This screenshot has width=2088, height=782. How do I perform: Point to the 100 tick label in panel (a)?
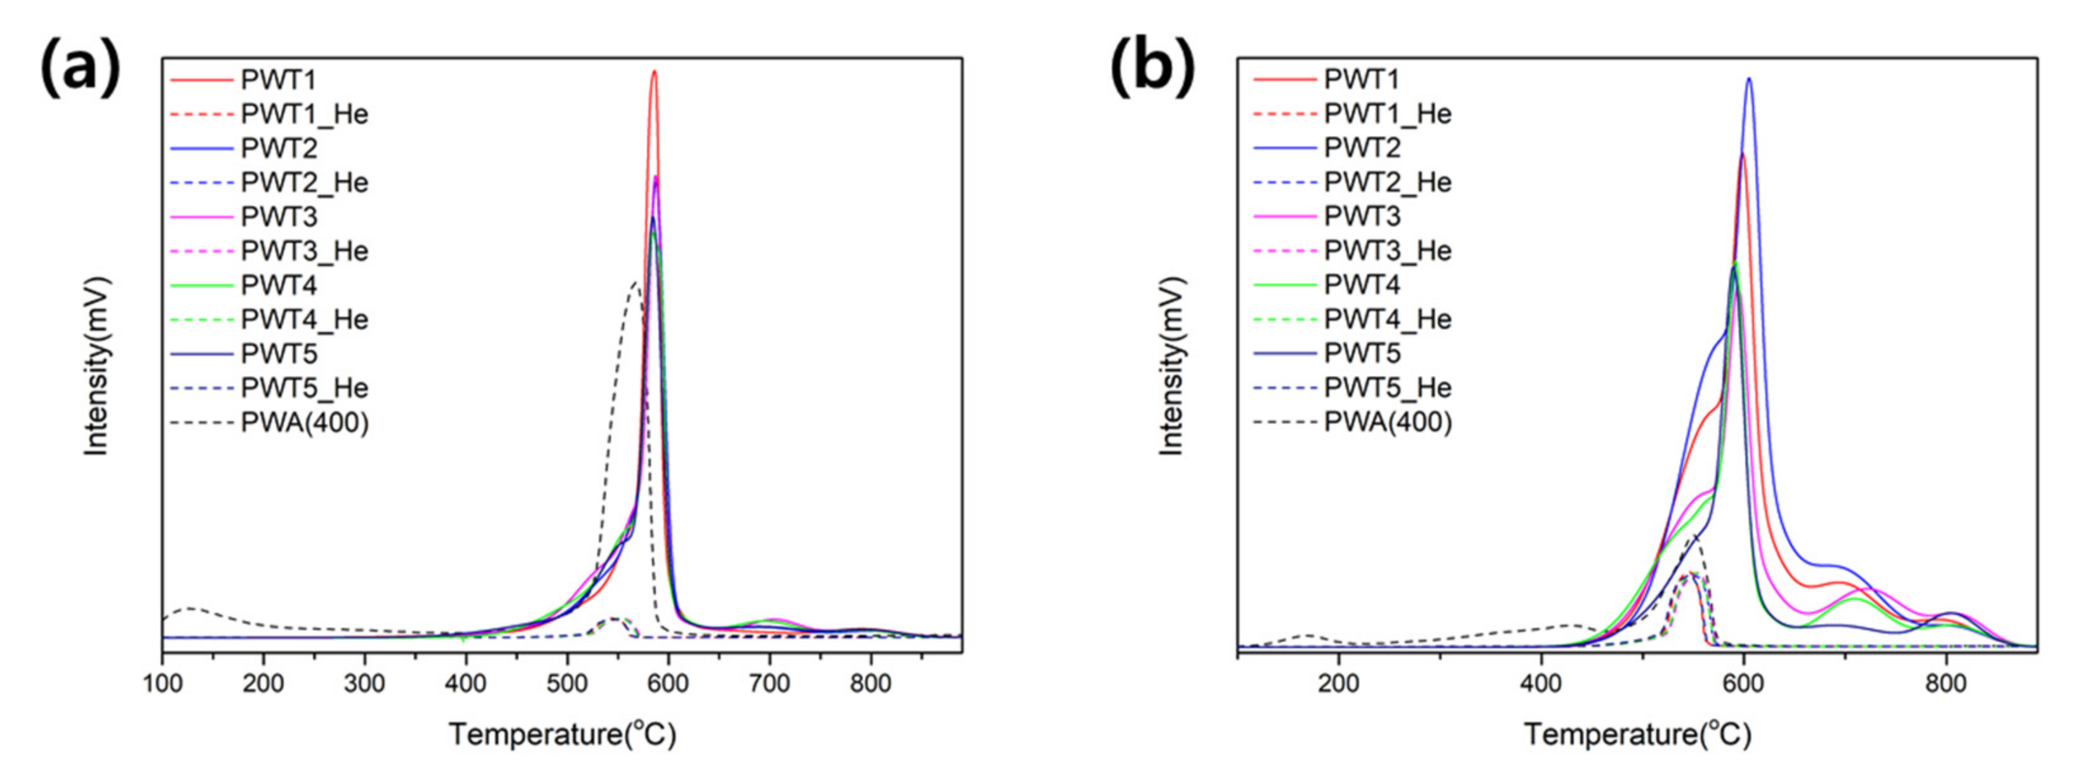(162, 684)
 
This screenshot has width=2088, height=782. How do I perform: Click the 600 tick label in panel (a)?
(668, 684)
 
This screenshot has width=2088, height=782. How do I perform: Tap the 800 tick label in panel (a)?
(870, 684)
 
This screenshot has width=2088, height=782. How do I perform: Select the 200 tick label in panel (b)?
(1338, 684)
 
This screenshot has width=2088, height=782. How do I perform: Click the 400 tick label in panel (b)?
(1541, 684)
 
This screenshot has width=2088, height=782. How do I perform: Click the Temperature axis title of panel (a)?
(562, 735)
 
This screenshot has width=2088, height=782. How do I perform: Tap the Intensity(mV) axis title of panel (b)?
(1172, 366)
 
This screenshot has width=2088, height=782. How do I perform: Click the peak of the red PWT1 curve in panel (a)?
(653, 72)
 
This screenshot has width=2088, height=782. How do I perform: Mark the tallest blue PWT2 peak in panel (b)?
(1748, 79)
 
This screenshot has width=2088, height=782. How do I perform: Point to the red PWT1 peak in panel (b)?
(1742, 154)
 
